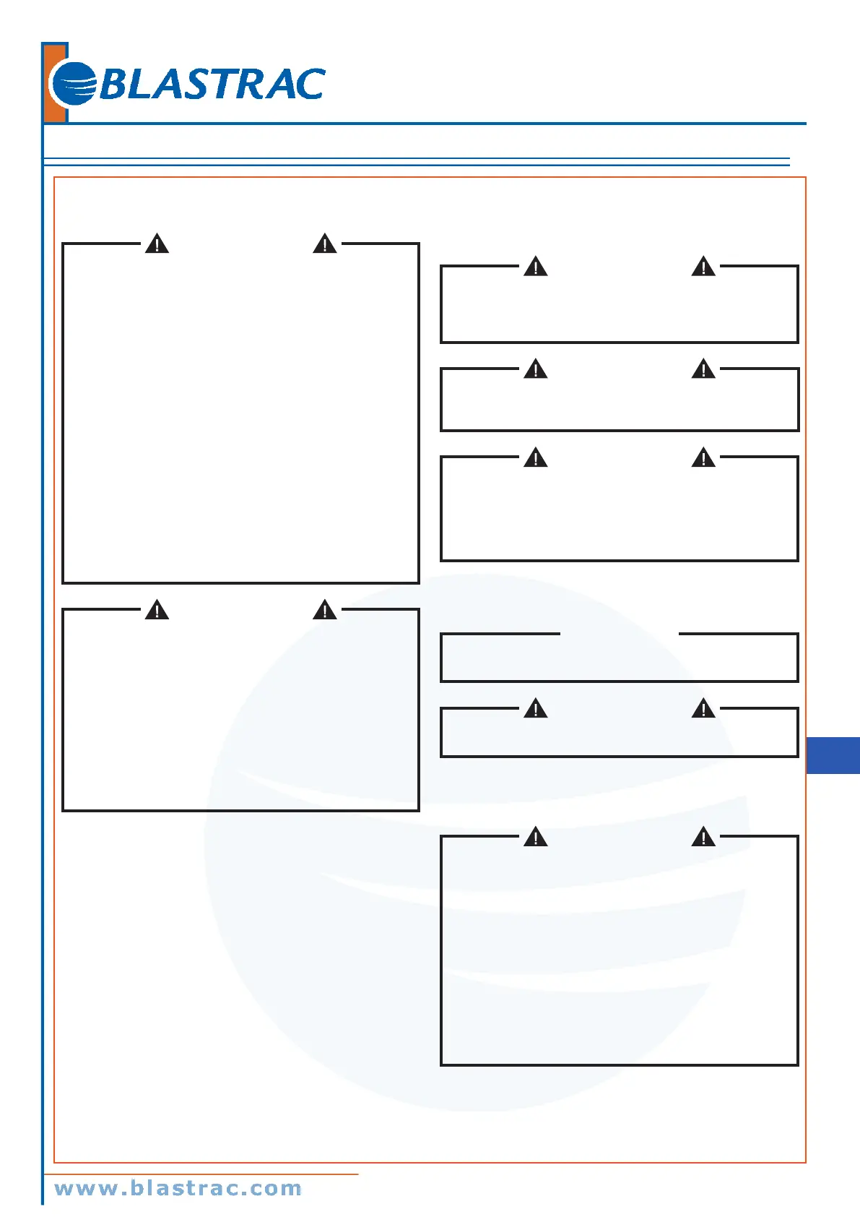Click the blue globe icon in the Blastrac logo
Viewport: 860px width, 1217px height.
[x=74, y=85]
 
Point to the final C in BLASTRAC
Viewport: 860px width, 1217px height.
[x=310, y=85]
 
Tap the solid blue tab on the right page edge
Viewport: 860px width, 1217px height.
[x=833, y=755]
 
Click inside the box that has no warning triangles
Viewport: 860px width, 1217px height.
[x=619, y=658]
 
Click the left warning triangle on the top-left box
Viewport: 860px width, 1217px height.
[x=157, y=244]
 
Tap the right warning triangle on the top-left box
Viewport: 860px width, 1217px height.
[x=325, y=244]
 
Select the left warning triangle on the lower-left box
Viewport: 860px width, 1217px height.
[x=157, y=611]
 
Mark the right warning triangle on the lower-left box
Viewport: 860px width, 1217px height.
[x=325, y=611]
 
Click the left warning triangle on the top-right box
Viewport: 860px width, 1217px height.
[x=536, y=267]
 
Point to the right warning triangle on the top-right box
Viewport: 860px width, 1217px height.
[x=703, y=267]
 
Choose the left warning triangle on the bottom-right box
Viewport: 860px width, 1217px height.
[x=536, y=838]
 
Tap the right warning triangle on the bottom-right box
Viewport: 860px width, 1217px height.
[x=703, y=838]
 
